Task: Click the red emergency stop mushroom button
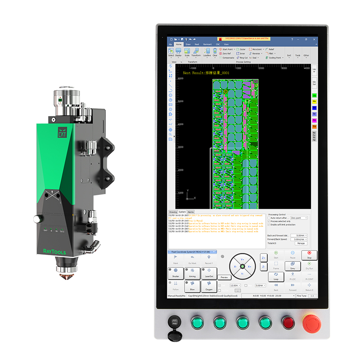point(311,322)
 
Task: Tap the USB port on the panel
point(173,322)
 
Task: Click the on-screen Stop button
point(309,255)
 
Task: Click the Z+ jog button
point(264,257)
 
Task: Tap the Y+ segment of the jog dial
point(242,259)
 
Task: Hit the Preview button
point(224,278)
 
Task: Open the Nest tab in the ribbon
point(196,44)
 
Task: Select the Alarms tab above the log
point(191,211)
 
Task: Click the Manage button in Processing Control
point(300,243)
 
